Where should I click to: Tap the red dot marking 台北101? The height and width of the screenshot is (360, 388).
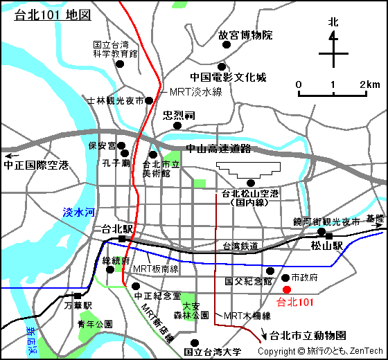click(x=287, y=289)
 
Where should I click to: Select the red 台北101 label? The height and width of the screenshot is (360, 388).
click(x=295, y=302)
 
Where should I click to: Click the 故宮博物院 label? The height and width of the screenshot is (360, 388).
click(x=245, y=35)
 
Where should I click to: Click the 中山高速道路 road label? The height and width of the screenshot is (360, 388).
click(x=218, y=149)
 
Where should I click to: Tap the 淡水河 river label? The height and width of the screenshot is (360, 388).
click(x=78, y=213)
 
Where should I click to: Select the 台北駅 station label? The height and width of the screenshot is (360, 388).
click(x=116, y=228)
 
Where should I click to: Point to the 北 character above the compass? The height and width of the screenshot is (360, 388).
click(x=333, y=22)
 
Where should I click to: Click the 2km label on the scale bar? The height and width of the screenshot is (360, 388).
click(x=369, y=84)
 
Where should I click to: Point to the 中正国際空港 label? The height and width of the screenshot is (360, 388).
click(x=36, y=165)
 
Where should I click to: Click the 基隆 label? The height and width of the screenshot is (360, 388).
click(x=374, y=218)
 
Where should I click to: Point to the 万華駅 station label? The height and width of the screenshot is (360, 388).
click(x=78, y=305)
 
